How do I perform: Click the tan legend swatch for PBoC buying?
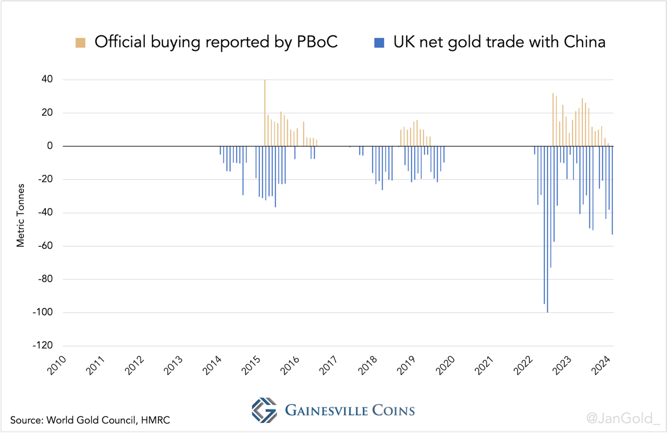81,43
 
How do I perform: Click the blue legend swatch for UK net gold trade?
379,43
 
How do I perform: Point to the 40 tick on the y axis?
47,80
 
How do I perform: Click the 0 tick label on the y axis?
50,146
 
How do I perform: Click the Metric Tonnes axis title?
21,214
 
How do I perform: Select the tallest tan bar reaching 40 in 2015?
265,113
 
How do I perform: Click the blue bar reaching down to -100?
547,230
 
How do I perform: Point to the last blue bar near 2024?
612,190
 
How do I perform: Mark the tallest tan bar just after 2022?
553,119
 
